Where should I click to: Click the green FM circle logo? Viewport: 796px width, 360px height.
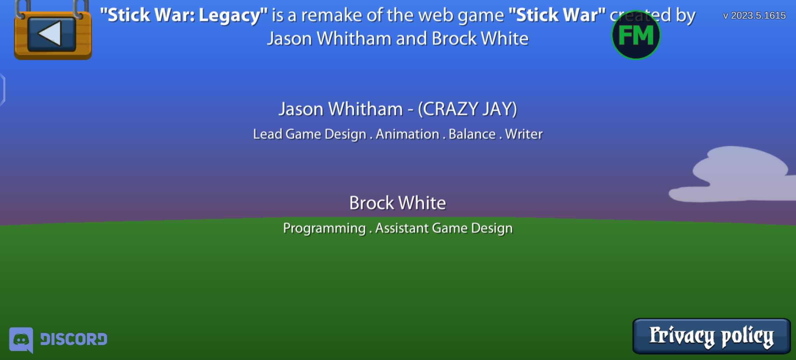[636, 35]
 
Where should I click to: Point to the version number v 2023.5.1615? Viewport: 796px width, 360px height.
[754, 16]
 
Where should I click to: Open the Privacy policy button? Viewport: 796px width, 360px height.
[711, 336]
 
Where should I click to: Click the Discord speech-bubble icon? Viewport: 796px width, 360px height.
[21, 340]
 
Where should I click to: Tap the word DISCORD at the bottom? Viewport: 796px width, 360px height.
[74, 339]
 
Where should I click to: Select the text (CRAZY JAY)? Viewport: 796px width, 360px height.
[467, 109]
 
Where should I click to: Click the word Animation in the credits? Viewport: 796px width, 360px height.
[407, 134]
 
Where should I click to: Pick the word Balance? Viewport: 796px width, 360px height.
[472, 134]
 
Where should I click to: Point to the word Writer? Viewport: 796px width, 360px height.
[524, 134]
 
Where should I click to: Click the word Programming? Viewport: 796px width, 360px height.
[324, 229]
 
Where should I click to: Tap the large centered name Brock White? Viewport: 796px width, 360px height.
[398, 203]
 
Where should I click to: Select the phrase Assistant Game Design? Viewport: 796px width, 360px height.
[444, 229]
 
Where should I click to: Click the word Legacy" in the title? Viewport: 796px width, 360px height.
[233, 16]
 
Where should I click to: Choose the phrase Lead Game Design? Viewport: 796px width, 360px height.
[310, 134]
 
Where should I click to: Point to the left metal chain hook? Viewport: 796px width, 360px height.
[22, 9]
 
